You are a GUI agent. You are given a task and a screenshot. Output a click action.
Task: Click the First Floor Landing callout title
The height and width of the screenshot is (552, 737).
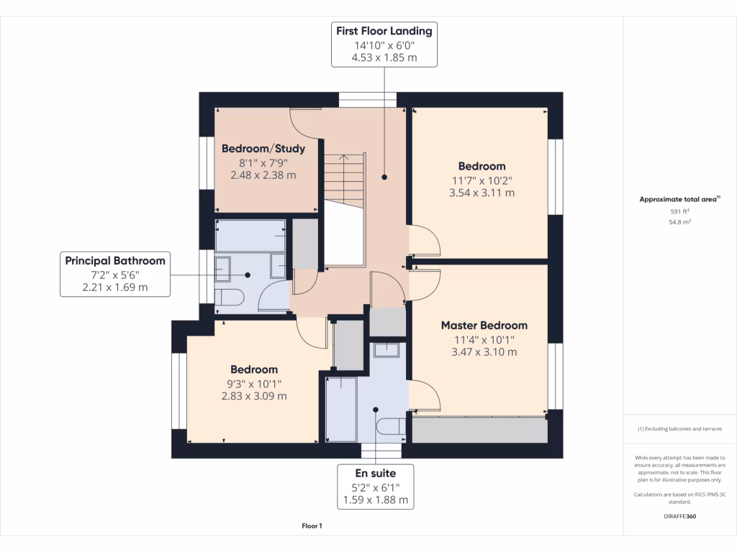pyautogui.click(x=384, y=31)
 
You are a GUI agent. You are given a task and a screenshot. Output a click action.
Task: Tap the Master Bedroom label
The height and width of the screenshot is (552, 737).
pyautogui.click(x=484, y=326)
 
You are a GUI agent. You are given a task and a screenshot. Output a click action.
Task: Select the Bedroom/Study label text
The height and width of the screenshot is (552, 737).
pyautogui.click(x=263, y=149)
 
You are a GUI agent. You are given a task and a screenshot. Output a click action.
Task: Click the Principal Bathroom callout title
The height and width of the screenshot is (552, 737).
pyautogui.click(x=115, y=261)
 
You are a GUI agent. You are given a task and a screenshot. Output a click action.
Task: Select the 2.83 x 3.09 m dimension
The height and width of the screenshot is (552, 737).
pyautogui.click(x=254, y=396)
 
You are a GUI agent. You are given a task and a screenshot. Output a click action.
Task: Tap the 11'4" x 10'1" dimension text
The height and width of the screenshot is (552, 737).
pyautogui.click(x=484, y=339)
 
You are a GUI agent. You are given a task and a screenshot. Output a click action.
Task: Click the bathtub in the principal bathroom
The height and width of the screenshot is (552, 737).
pyautogui.click(x=250, y=236)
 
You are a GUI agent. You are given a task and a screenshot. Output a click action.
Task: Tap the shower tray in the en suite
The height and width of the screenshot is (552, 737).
pyautogui.click(x=341, y=408)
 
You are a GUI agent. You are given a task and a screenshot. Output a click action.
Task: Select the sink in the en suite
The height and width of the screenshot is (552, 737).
pyautogui.click(x=386, y=349)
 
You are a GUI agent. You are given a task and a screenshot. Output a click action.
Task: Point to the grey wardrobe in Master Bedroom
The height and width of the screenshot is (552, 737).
pyautogui.click(x=478, y=430)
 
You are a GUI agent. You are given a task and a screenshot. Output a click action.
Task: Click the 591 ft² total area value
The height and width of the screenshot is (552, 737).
pyautogui.click(x=679, y=211)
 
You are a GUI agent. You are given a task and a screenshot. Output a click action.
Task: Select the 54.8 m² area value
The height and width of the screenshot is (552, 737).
pyautogui.click(x=679, y=223)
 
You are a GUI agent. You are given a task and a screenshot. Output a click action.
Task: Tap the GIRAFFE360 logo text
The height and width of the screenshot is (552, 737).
pyautogui.click(x=679, y=516)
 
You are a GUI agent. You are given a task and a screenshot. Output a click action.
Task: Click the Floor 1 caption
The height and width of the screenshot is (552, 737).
pyautogui.click(x=312, y=526)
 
